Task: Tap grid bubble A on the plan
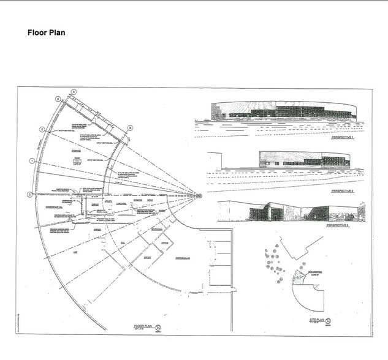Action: point(73,91)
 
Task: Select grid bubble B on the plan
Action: point(130,127)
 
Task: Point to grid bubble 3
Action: point(58,99)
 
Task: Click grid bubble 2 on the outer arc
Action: point(42,129)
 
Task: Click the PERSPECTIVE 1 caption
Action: point(344,138)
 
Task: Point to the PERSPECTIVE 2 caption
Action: point(344,192)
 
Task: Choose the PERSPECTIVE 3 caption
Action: point(338,226)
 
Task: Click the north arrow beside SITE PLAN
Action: point(329,320)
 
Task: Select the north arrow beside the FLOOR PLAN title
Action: point(159,328)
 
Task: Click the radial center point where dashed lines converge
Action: point(198,195)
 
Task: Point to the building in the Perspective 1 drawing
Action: point(283,111)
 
